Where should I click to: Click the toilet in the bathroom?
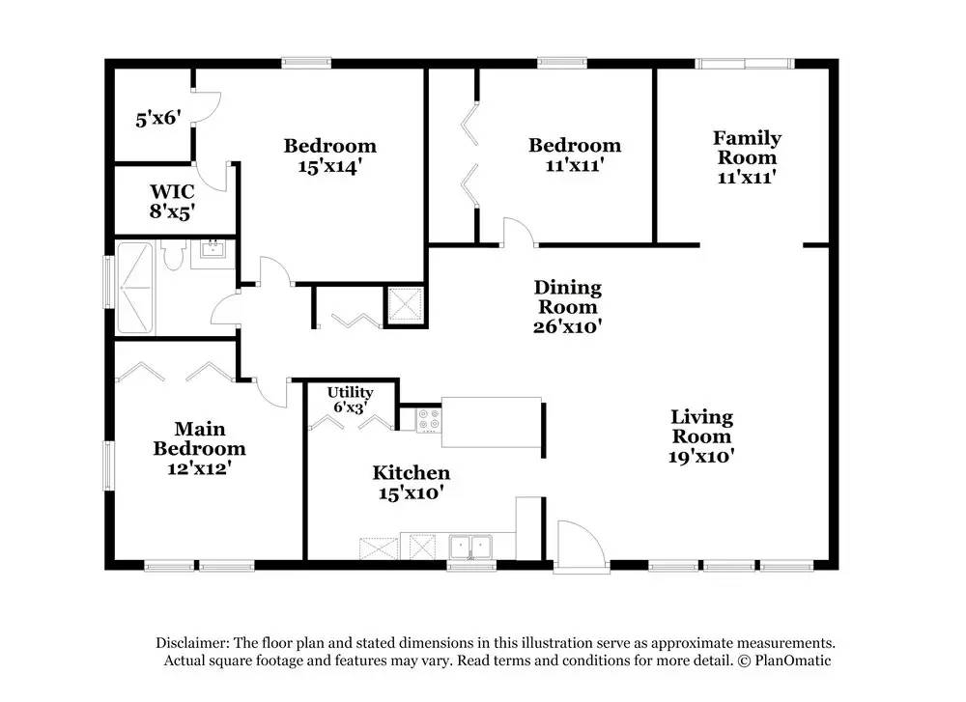coord(174,254)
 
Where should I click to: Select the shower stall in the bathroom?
coord(135,288)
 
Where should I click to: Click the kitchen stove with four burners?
coord(429,421)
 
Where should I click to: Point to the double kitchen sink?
coord(470,547)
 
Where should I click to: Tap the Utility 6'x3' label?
coord(350,400)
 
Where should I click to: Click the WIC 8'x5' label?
coord(172,202)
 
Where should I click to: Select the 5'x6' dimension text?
coord(158,118)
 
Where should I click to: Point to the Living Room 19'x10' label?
coord(701,436)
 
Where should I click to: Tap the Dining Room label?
coord(567,296)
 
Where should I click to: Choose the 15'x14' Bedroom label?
coord(329,155)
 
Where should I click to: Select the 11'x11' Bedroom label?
coord(574,154)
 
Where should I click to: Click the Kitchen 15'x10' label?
coord(411,482)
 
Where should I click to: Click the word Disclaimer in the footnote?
coord(192,643)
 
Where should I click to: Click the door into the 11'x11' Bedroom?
coord(519,232)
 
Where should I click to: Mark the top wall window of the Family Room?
coord(745,64)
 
